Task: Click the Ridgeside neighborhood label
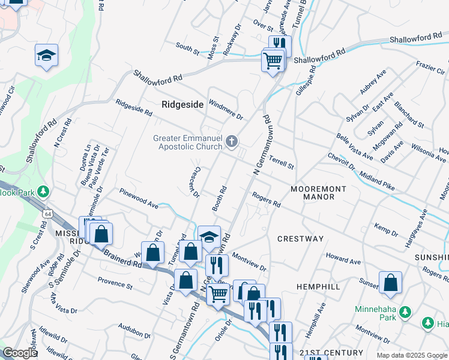[x=182, y=104]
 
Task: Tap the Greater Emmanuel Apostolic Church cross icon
[x=232, y=142]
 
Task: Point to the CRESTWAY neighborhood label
[x=300, y=239]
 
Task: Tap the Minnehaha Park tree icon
[x=405, y=311]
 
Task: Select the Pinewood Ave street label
[x=139, y=200]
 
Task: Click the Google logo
[x=20, y=353]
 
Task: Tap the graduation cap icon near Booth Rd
[x=209, y=236]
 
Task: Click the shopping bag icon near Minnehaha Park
[x=390, y=283]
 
